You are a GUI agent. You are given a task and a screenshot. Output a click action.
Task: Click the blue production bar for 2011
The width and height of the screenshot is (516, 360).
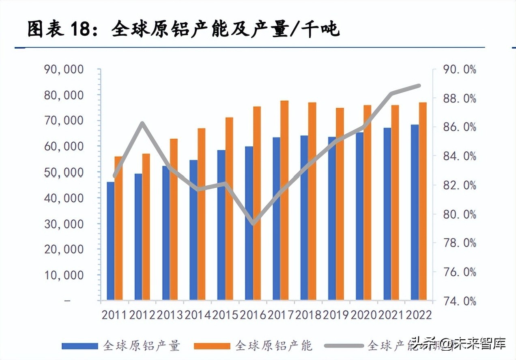click(x=110, y=241)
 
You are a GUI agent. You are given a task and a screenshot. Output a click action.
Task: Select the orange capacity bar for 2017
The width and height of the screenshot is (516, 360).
click(x=284, y=200)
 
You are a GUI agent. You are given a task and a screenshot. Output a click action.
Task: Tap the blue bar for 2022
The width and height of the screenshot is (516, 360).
click(x=415, y=212)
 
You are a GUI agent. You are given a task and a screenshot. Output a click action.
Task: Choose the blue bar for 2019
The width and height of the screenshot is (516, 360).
click(x=332, y=219)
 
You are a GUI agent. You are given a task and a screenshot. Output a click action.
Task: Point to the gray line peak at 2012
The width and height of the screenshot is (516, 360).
click(x=142, y=123)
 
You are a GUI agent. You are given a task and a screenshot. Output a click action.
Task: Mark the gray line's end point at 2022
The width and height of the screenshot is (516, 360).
click(x=419, y=86)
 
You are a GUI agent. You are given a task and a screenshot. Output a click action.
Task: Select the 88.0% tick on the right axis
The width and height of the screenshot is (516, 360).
click(x=458, y=99)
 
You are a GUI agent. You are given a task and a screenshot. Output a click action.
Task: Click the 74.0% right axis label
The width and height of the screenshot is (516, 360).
click(x=458, y=301)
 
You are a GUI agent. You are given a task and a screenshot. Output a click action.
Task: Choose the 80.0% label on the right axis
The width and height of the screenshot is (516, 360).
click(x=458, y=214)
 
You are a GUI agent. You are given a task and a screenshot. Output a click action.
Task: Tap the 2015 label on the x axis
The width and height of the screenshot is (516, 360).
click(x=225, y=315)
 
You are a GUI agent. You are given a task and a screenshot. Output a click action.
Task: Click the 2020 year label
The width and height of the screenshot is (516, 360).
click(x=364, y=315)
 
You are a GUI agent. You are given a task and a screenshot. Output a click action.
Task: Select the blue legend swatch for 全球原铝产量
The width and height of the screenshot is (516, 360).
click(x=80, y=346)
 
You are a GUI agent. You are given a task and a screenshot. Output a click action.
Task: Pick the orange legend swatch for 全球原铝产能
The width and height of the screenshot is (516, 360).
click(x=212, y=346)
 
